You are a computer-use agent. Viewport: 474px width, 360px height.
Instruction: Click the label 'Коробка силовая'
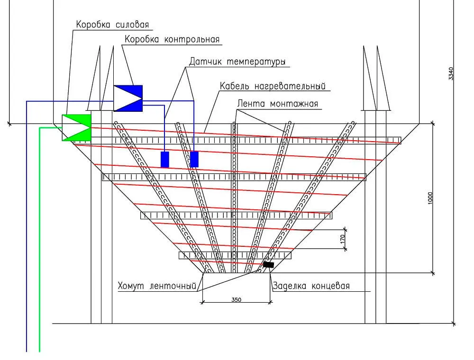(112, 25)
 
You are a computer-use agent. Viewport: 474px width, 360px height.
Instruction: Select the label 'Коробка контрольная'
(172, 39)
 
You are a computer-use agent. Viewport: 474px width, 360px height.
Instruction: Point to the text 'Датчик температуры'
(237, 62)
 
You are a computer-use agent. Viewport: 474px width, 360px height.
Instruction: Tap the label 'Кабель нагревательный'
(273, 86)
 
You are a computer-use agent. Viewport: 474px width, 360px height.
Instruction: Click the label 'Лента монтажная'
(277, 104)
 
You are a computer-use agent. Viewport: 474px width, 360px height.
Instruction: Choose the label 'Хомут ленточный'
(157, 286)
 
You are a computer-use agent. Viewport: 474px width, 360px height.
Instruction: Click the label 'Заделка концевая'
(311, 286)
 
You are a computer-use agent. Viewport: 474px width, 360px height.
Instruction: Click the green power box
(76, 127)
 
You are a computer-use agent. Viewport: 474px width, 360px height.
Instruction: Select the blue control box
(128, 99)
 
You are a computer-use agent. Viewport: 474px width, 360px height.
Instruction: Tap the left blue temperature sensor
(165, 160)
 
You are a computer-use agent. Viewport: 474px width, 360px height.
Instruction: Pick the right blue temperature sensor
(194, 160)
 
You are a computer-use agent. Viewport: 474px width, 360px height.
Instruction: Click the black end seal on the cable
(268, 265)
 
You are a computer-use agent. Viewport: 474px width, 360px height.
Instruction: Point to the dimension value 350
(237, 299)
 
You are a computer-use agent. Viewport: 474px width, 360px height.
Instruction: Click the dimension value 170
(343, 239)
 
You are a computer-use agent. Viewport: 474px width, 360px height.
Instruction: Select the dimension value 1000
(430, 198)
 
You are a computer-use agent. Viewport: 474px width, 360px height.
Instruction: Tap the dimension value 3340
(451, 73)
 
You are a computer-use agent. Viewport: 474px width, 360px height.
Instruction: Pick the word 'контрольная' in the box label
(192, 40)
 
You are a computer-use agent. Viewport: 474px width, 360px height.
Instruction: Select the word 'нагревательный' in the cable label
(290, 86)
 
